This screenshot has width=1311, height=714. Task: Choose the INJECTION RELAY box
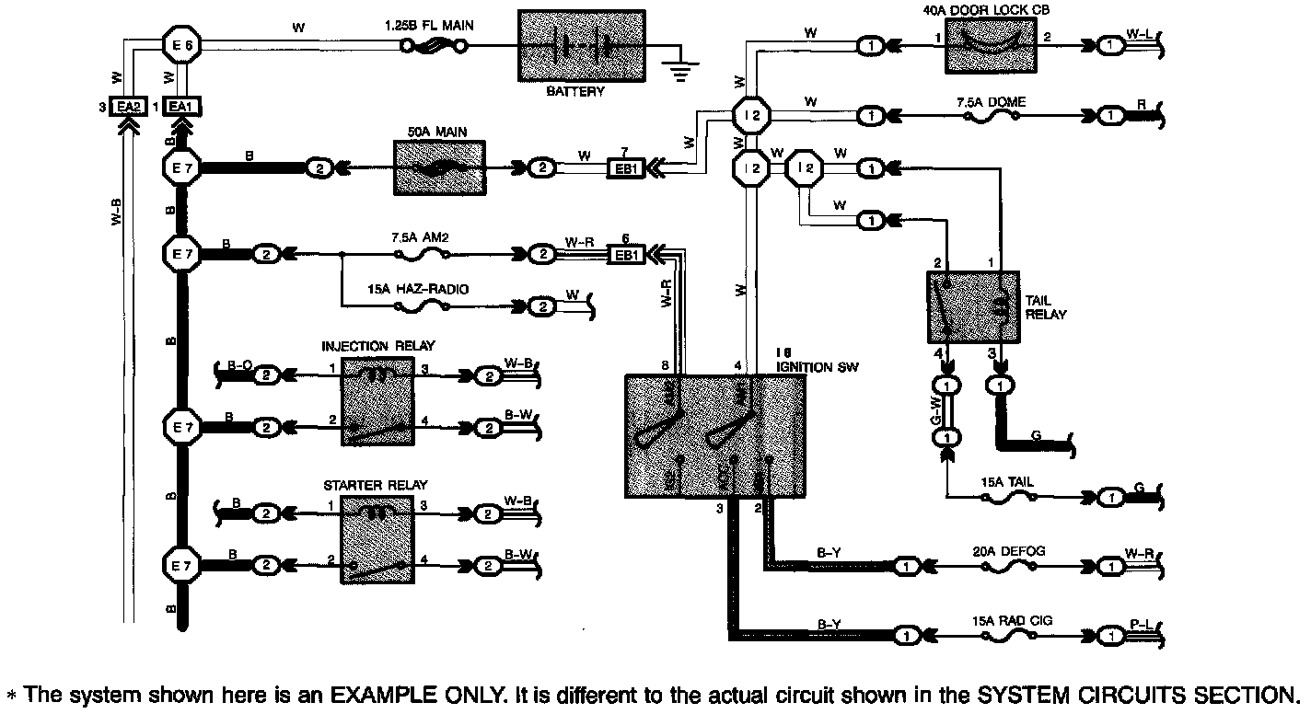point(378,403)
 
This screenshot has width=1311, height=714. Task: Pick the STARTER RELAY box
point(378,538)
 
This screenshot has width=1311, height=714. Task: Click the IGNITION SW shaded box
point(714,436)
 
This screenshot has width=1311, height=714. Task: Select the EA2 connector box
point(126,107)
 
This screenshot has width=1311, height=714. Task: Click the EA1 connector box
point(181,107)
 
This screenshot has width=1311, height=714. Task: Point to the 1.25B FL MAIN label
point(429,27)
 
